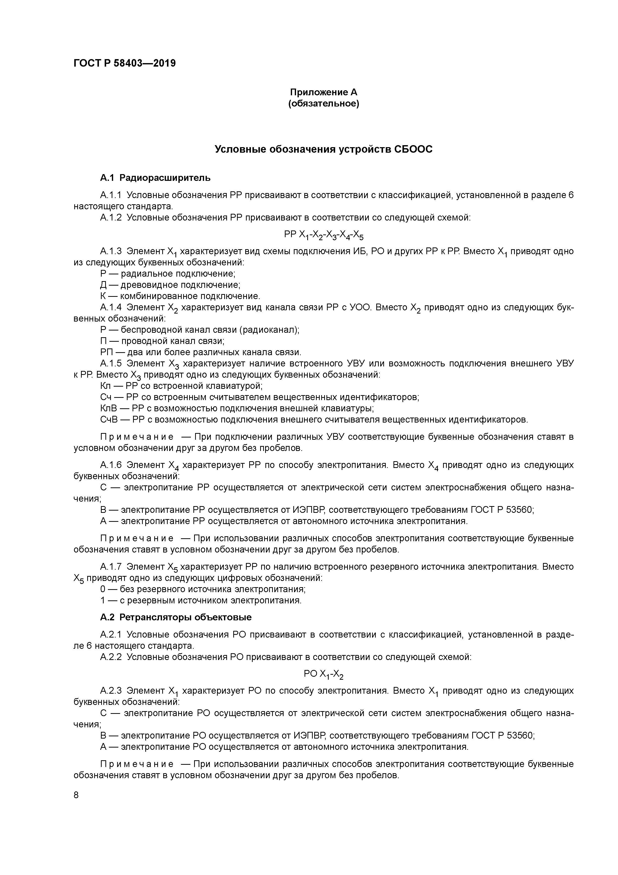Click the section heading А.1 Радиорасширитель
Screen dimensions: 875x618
tap(155, 178)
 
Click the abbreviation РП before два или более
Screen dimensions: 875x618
tap(106, 352)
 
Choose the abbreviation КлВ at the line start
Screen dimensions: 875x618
tap(108, 409)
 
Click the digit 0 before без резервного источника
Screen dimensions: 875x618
tap(103, 589)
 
